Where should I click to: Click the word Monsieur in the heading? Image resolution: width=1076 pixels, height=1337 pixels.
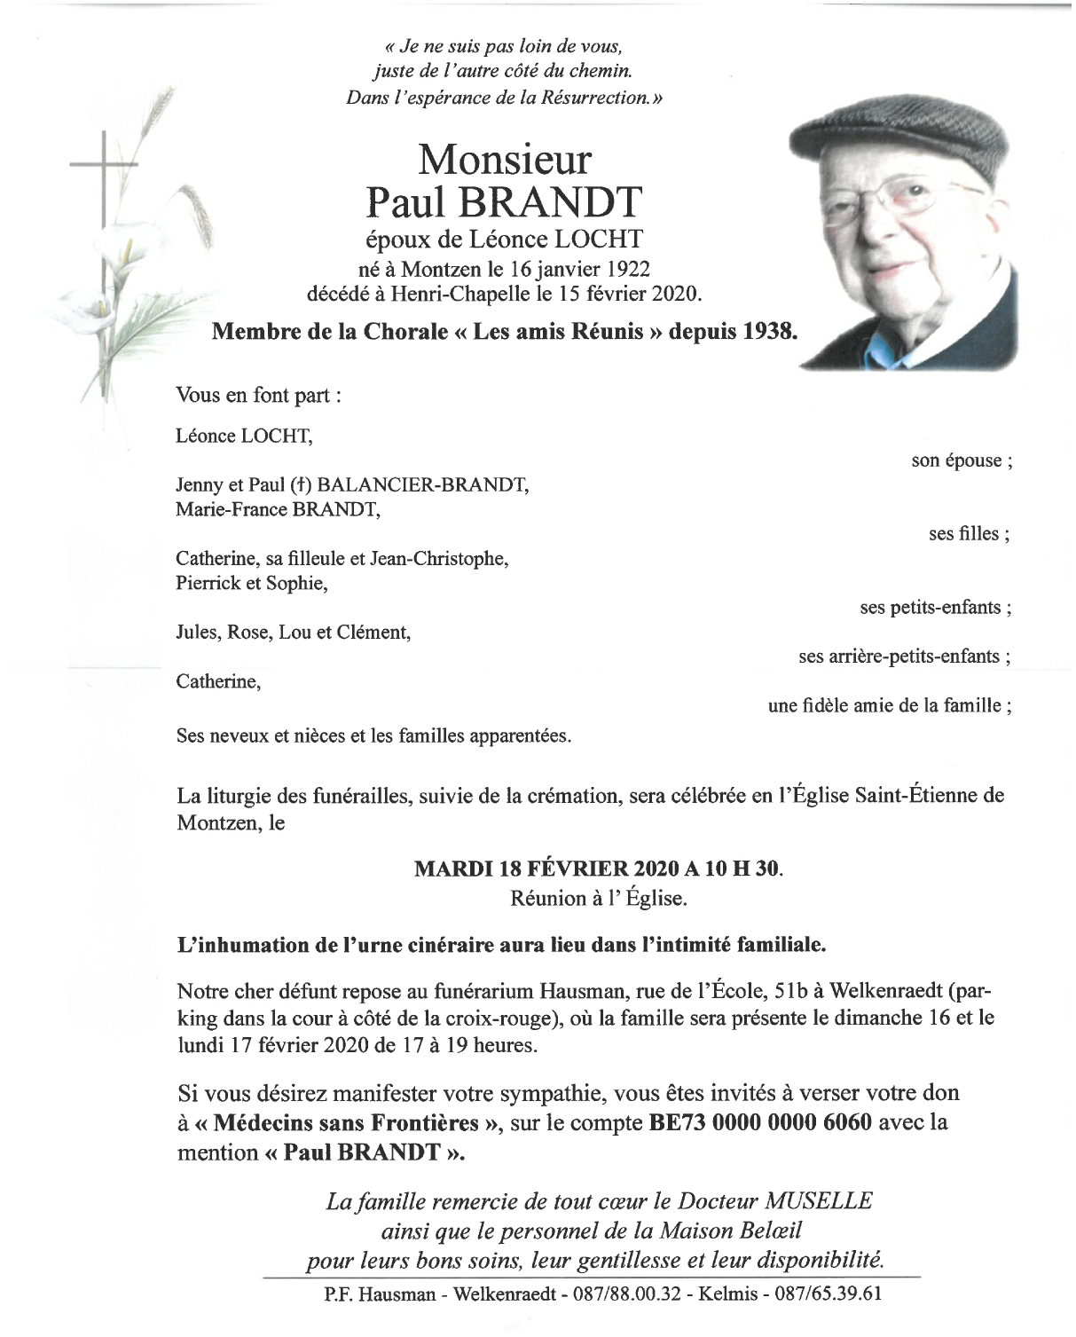pyautogui.click(x=503, y=161)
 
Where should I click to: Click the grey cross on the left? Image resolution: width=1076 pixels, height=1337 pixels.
pyautogui.click(x=104, y=169)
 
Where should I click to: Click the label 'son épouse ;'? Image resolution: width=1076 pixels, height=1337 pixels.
pyautogui.click(x=961, y=461)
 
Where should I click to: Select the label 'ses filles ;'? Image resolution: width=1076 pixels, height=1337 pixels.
pyautogui.click(x=969, y=534)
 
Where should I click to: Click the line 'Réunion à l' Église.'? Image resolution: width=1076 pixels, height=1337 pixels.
pyautogui.click(x=599, y=899)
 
